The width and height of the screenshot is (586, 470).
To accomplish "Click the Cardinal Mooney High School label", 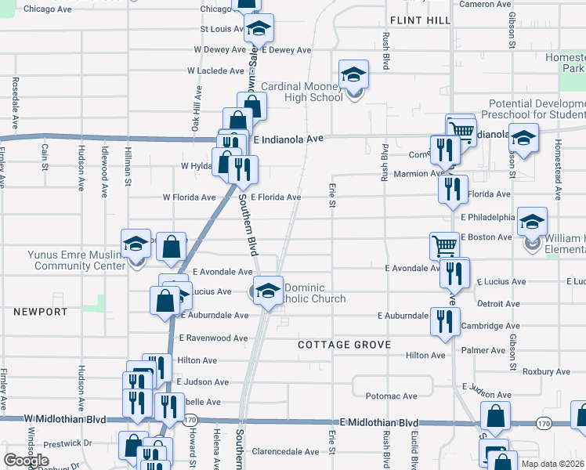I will click(x=302, y=92).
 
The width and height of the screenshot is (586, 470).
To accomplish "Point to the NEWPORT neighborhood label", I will click(x=40, y=312).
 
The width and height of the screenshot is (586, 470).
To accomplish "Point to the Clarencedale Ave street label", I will click(x=285, y=452).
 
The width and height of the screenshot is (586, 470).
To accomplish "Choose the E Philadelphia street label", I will click(x=487, y=217).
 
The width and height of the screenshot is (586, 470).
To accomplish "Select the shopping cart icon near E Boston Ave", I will click(x=444, y=246).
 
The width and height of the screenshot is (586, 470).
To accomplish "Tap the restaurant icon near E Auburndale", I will click(x=445, y=321).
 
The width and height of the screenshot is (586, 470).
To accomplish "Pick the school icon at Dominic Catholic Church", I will click(x=268, y=290).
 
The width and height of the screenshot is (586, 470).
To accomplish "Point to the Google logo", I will click(x=26, y=460).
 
